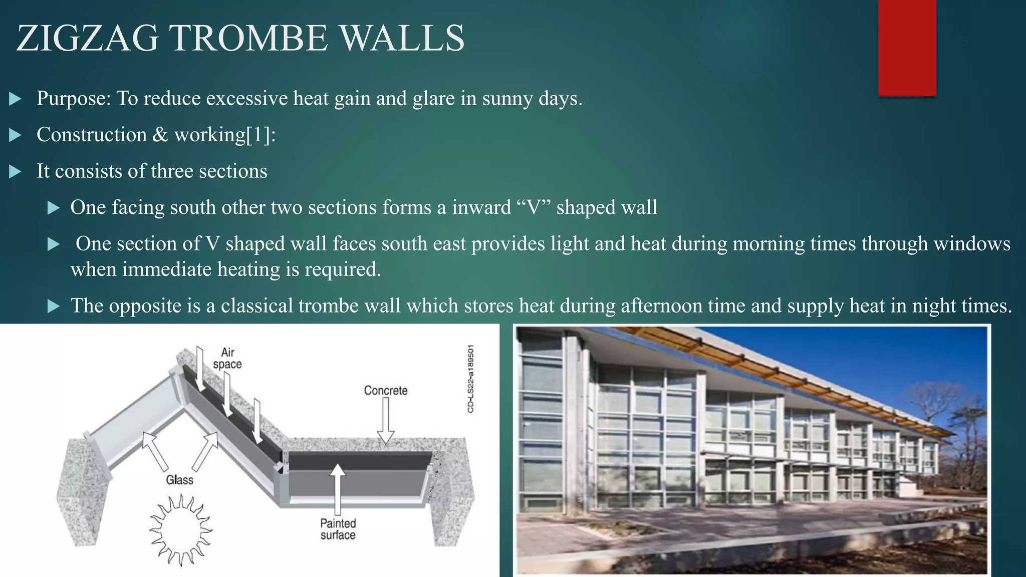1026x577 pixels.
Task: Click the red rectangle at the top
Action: [907, 48]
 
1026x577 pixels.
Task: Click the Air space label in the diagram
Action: [227, 358]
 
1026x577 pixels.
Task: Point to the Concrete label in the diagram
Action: [385, 390]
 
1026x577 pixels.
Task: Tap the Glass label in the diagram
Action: [179, 480]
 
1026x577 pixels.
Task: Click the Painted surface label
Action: [338, 529]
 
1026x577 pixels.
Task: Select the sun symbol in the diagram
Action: [181, 530]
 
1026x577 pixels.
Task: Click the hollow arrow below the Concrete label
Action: [385, 421]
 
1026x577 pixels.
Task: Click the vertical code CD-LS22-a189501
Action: [470, 379]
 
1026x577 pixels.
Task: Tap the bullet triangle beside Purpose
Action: [15, 99]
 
